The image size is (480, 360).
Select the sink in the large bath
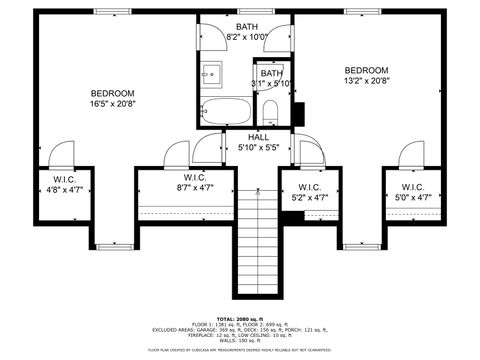pos(211,73)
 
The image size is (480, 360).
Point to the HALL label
pos(258,137)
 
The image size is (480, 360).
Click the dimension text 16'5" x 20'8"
pos(112,103)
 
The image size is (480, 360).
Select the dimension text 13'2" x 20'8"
pos(365,81)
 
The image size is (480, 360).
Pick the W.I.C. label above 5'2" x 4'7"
pos(309,186)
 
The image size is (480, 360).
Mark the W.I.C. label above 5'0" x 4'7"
pos(413,186)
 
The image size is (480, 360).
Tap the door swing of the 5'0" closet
pos(410,156)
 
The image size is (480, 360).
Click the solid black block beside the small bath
pos(297,113)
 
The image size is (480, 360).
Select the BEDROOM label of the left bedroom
pos(112,92)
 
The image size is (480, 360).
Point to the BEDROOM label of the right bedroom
pos(365,70)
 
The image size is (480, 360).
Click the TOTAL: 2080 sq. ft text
pos(239,317)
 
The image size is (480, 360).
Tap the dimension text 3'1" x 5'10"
pos(271,84)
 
